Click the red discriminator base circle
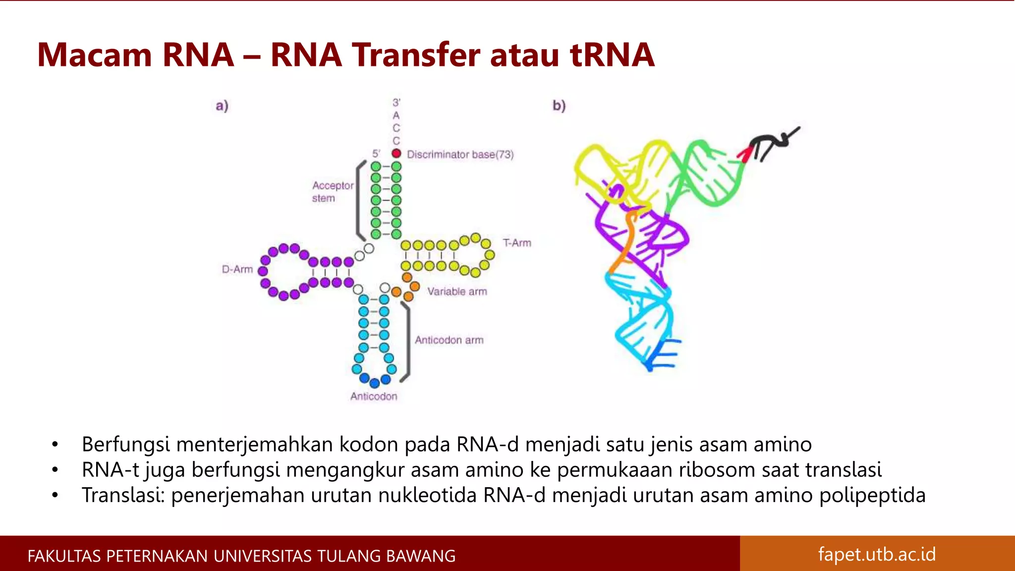[396, 154]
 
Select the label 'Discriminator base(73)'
[460, 155]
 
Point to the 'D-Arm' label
[237, 269]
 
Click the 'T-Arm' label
[517, 243]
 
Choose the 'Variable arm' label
[457, 291]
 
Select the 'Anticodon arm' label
[449, 340]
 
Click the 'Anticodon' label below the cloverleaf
[374, 397]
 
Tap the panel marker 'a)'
[222, 106]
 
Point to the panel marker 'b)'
[559, 106]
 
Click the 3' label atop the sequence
[396, 103]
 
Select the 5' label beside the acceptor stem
[377, 154]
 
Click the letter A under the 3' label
[396, 115]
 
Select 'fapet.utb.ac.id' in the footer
[877, 554]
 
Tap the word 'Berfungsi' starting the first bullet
[125, 445]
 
